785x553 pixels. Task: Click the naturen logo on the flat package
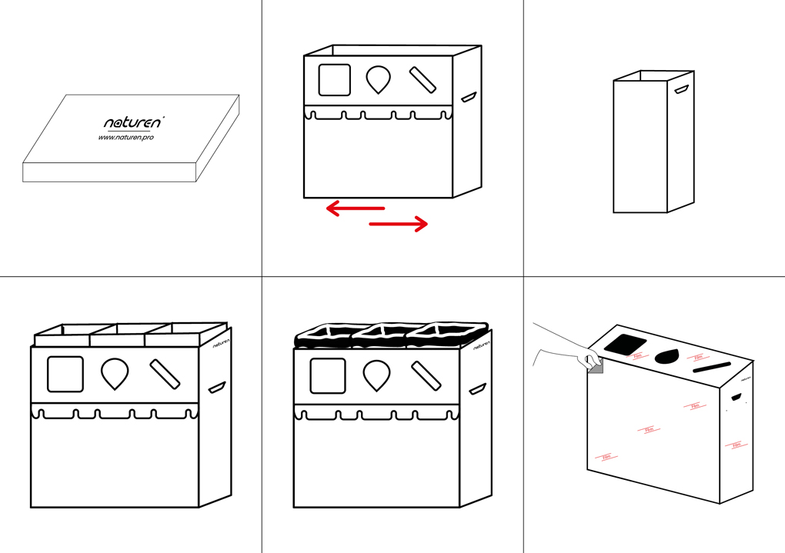click(x=132, y=122)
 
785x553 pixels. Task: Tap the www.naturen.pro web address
click(x=125, y=138)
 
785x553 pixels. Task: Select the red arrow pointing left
click(x=355, y=208)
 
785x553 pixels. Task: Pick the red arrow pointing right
click(x=398, y=224)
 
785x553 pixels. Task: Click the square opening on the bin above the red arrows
click(x=334, y=79)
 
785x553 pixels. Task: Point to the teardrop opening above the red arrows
click(x=378, y=79)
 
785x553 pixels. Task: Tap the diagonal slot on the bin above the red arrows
click(x=423, y=79)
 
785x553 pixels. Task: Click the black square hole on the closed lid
click(x=626, y=344)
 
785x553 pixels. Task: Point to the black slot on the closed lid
click(x=712, y=367)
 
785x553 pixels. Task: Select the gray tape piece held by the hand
click(x=596, y=369)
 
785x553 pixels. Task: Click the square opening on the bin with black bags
click(x=327, y=375)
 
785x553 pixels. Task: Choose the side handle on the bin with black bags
click(x=477, y=388)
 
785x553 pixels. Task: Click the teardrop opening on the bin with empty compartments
click(x=115, y=374)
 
